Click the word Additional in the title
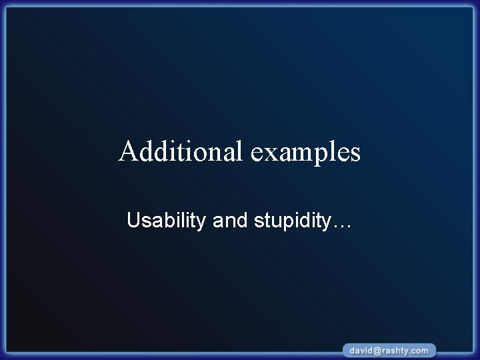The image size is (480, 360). [x=182, y=152]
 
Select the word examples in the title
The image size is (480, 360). [x=306, y=153]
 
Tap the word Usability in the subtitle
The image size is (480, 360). [x=167, y=221]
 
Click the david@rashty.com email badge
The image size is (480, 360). [x=390, y=350]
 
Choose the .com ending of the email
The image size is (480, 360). [x=421, y=350]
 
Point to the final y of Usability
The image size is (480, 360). [x=202, y=223]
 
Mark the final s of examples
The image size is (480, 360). [x=355, y=154]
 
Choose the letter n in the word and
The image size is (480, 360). [x=230, y=221]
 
